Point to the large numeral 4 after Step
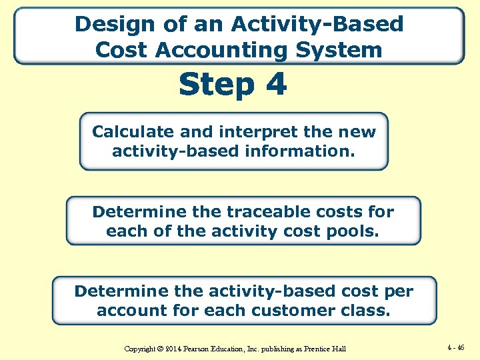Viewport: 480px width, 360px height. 275,85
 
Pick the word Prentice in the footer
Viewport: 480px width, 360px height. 316,349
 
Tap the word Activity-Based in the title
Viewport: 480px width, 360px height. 317,25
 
